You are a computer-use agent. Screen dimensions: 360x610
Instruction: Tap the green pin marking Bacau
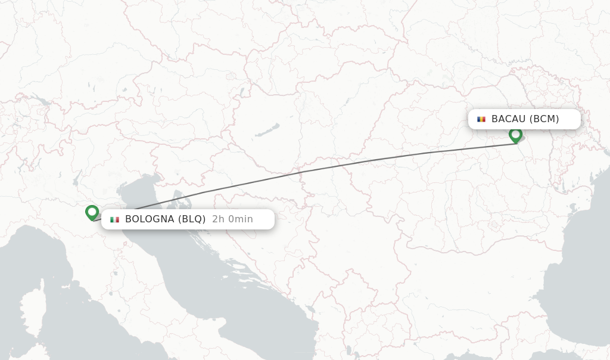pyautogui.click(x=516, y=135)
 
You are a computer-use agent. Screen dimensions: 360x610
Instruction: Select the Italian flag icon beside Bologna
pyautogui.click(x=114, y=219)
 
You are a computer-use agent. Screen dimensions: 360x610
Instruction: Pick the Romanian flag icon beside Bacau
pyautogui.click(x=481, y=119)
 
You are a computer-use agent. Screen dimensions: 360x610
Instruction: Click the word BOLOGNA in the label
pyautogui.click(x=150, y=219)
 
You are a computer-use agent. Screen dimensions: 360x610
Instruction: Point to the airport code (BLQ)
pyautogui.click(x=192, y=219)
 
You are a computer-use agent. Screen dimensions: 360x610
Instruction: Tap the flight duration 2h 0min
pyautogui.click(x=232, y=219)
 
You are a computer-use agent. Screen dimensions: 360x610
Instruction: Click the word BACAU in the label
pyautogui.click(x=508, y=119)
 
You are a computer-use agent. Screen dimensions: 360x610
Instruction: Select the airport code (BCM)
pyautogui.click(x=544, y=119)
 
